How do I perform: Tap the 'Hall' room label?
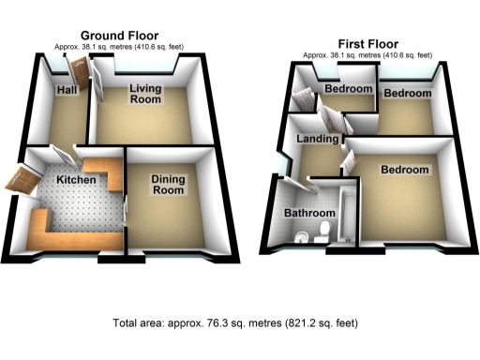point(67,90)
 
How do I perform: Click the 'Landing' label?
point(317,140)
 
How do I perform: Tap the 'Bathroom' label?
point(309,213)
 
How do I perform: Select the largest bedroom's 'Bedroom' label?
point(404,170)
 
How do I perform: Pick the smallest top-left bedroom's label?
point(348,89)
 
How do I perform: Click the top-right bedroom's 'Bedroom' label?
point(407,94)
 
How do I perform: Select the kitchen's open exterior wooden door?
point(22,178)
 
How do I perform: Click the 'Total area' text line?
point(238,322)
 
